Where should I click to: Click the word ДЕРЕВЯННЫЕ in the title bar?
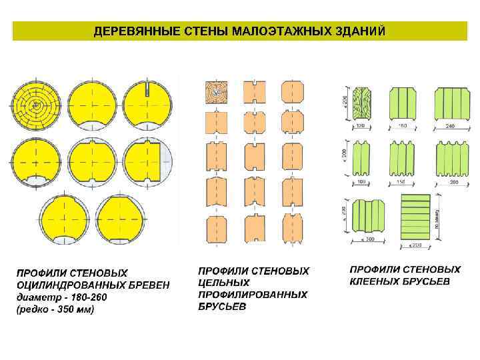click(x=125, y=31)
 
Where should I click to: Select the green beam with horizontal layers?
click(x=417, y=213)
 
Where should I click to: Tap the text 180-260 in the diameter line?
click(x=84, y=297)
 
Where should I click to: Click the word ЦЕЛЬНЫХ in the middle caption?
click(x=225, y=283)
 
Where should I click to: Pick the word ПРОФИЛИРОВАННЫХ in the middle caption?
click(x=253, y=295)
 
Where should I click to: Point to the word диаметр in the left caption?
click(x=37, y=297)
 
